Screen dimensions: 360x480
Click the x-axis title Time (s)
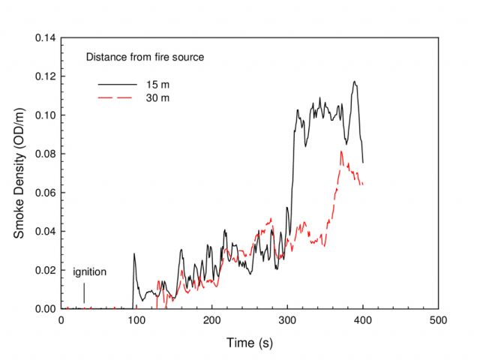pyautogui.click(x=249, y=343)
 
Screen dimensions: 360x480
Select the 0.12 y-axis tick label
pyautogui.click(x=44, y=76)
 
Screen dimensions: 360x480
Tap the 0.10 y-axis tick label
pyautogui.click(x=44, y=115)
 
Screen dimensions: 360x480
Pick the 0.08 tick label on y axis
pyautogui.click(x=44, y=154)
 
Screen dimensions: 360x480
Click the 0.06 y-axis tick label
pyautogui.click(x=44, y=193)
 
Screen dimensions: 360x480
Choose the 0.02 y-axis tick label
pyautogui.click(x=44, y=270)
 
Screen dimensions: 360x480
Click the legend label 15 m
pyautogui.click(x=157, y=85)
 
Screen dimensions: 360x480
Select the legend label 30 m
pyautogui.click(x=157, y=98)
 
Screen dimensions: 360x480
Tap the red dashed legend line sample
pyautogui.click(x=115, y=98)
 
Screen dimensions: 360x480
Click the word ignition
pyautogui.click(x=90, y=271)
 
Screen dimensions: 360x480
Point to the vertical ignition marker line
pyautogui.click(x=84, y=292)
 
